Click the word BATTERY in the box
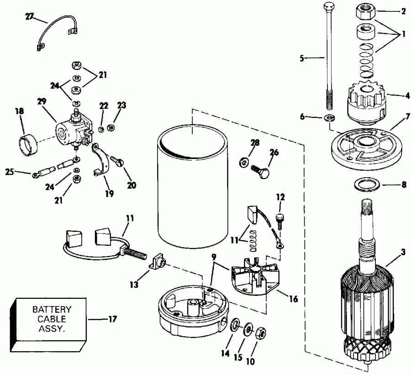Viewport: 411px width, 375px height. click(x=52, y=309)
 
